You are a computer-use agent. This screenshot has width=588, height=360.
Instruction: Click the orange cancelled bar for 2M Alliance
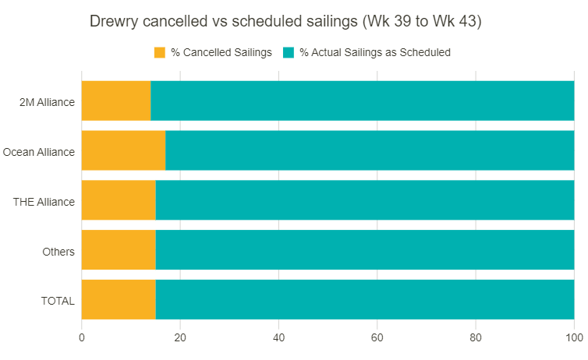click(116, 101)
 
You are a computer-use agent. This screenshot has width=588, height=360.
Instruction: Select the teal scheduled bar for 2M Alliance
click(363, 101)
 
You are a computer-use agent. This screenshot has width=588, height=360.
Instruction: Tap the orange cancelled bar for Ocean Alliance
click(123, 150)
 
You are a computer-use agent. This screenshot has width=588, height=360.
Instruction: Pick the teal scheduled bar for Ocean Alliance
click(370, 150)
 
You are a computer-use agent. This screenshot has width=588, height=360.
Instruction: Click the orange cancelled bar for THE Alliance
click(119, 200)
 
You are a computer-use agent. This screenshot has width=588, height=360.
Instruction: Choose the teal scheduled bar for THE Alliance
click(365, 200)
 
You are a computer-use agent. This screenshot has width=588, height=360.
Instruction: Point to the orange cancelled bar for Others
click(119, 250)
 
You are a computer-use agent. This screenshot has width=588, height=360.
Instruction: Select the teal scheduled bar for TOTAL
click(365, 300)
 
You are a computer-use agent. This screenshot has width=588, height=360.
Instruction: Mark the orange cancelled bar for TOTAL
click(119, 300)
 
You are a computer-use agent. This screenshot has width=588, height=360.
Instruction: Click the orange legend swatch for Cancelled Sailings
click(160, 53)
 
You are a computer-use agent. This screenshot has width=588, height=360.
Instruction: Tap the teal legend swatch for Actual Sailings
click(288, 53)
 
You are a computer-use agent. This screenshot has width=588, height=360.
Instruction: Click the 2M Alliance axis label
click(48, 101)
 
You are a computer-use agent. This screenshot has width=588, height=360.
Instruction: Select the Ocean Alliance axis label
click(39, 151)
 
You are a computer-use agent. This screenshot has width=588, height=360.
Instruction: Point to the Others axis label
click(58, 251)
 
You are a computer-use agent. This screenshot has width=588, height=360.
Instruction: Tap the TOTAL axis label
click(58, 301)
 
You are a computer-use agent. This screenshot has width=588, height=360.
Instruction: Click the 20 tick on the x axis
click(180, 337)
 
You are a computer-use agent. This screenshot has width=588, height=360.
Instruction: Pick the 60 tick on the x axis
click(377, 337)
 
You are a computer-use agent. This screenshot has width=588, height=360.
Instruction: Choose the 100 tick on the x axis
click(574, 337)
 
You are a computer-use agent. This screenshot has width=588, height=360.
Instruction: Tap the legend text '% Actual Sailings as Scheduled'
click(375, 53)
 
